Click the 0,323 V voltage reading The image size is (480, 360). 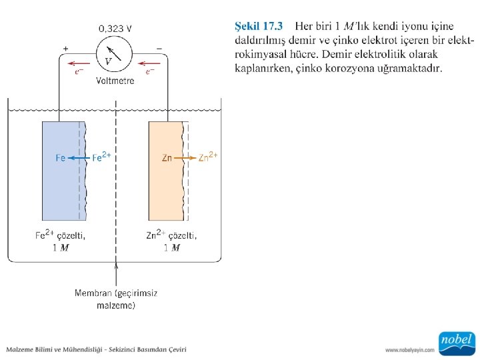(115, 29)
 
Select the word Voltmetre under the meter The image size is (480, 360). (115, 81)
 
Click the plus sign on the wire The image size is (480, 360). (65, 49)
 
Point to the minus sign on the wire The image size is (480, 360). (159, 49)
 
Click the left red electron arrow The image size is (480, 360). (79, 64)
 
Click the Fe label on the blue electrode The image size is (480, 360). (60, 158)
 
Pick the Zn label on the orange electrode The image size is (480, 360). (167, 158)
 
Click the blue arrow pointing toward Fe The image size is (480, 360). (79, 158)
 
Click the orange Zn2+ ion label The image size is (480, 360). (208, 157)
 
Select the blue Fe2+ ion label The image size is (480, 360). (101, 157)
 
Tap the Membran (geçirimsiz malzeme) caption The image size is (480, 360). (116, 299)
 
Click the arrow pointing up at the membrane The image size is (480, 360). (117, 273)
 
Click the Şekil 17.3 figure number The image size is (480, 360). (259, 27)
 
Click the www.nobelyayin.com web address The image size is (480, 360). (410, 349)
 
